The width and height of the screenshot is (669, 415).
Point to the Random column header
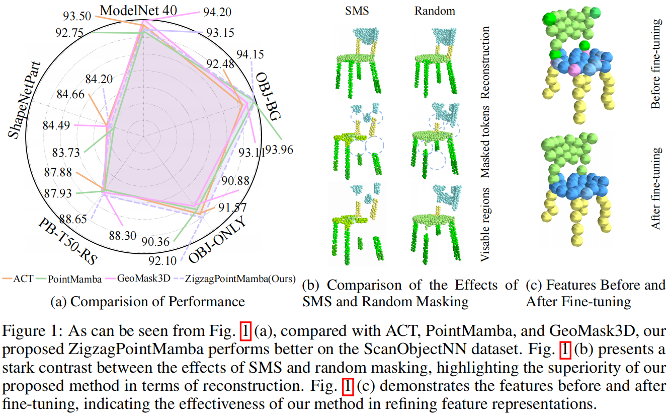click(435, 11)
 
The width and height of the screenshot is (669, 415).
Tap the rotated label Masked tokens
click(485, 142)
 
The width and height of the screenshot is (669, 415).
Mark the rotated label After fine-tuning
click(656, 188)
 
